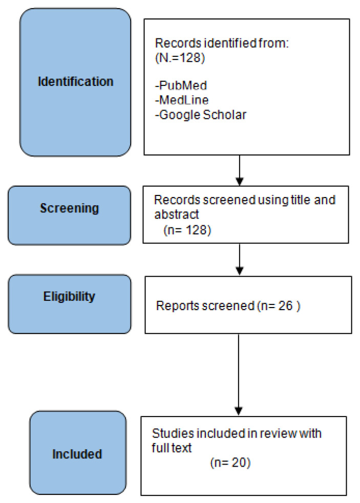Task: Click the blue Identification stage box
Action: tap(75, 82)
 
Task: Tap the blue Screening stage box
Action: tap(69, 215)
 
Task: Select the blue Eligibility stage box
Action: tap(70, 304)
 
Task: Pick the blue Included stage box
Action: tap(78, 453)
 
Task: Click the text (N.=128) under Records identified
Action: tap(180, 58)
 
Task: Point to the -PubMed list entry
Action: tap(181, 85)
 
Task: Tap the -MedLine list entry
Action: tap(182, 100)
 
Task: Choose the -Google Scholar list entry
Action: tap(201, 115)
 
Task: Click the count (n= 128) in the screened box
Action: tap(187, 230)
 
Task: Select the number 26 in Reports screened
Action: tap(286, 305)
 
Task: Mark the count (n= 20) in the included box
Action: tap(230, 463)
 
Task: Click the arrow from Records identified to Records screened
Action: tap(240, 170)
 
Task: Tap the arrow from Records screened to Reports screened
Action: tap(240, 259)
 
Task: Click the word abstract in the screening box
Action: tap(177, 214)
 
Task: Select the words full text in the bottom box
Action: tap(172, 448)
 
